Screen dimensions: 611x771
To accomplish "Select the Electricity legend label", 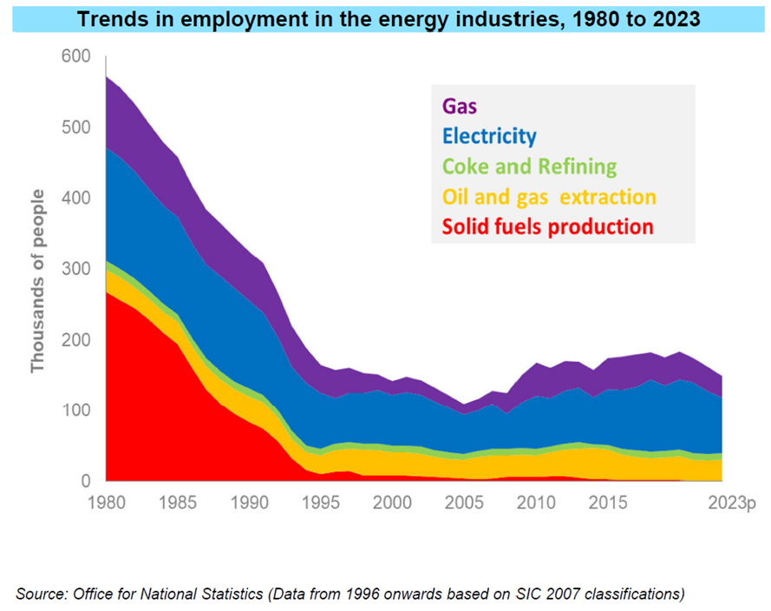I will (489, 136).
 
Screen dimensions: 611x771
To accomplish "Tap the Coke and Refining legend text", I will (529, 167).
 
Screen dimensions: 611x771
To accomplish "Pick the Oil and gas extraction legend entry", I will (548, 197).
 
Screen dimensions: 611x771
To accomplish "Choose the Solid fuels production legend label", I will (546, 227).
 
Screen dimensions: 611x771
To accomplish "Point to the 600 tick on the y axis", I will (76, 56).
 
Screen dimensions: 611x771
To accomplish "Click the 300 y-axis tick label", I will (76, 269).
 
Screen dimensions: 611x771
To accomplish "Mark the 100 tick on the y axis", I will (76, 411).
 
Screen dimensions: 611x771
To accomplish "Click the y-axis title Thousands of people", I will (38, 269).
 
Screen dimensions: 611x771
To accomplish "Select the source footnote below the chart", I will (350, 594).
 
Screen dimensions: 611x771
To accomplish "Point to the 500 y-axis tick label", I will (76, 128).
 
